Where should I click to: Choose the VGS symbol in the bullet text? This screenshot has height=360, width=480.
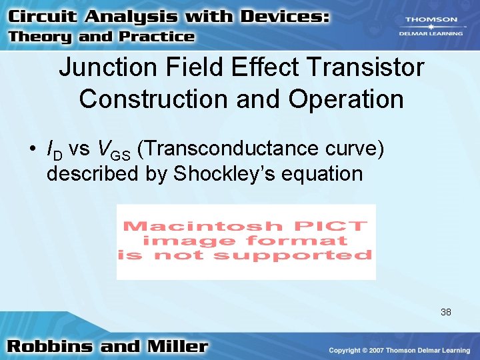point(114,151)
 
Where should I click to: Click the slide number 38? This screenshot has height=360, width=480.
point(445,311)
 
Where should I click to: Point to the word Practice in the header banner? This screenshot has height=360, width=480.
point(157,37)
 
